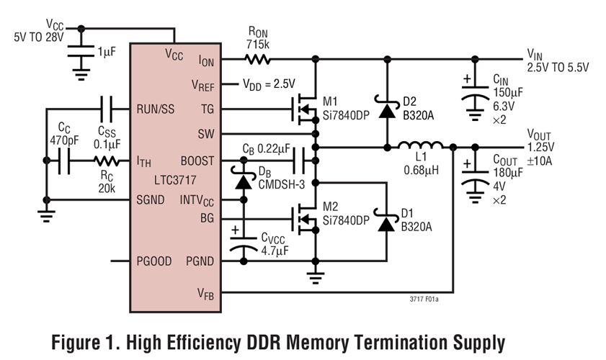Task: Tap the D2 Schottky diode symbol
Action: (388, 109)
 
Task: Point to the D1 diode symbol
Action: (388, 224)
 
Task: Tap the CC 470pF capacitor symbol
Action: (63, 162)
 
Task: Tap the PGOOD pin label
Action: (153, 261)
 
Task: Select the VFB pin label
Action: (203, 293)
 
